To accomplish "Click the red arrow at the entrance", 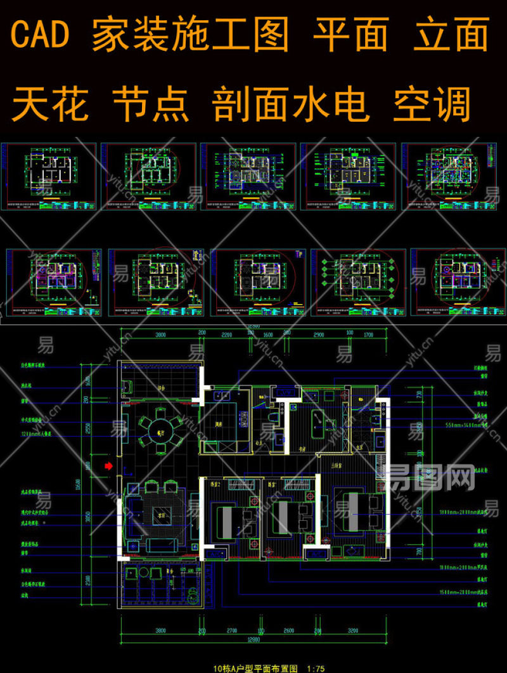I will point(108,466).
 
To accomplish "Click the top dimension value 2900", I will point(318,333).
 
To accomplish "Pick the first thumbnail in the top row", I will point(49,177).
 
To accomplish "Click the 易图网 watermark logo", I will point(431,478).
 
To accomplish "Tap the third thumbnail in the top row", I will point(248,177).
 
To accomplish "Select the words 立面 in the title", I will point(451,35).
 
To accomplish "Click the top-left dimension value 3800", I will point(160,333).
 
